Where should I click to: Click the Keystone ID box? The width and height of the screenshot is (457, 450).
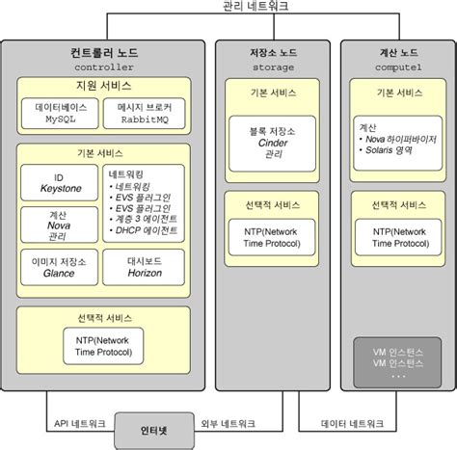(x=61, y=183)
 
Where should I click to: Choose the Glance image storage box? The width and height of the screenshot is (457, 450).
(x=61, y=267)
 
